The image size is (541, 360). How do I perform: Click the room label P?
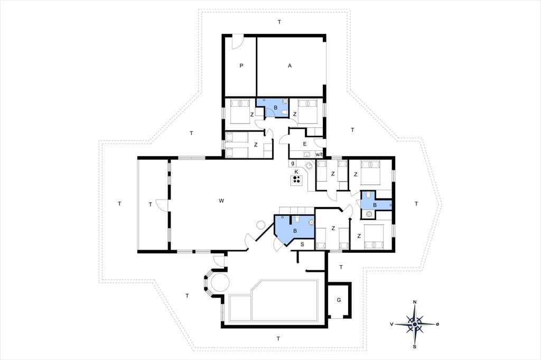pos(241,65)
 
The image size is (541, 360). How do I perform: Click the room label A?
pos(290,65)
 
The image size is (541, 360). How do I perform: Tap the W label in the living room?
pos(221,201)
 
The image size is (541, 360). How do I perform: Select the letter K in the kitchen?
pos(296,172)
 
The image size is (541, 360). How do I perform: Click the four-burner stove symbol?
pos(296,179)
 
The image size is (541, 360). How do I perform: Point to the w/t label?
pos(319,154)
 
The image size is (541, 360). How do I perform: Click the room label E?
pos(305,144)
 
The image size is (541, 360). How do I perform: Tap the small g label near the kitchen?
pos(293,163)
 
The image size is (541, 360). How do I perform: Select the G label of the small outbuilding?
pos(339,300)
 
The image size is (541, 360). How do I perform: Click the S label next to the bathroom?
pos(302,244)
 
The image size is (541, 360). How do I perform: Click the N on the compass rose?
pos(415,302)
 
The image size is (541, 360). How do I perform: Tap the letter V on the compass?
pos(391,324)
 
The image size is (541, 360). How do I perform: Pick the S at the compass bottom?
pos(415,347)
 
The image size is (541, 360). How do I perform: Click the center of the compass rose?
pos(415,324)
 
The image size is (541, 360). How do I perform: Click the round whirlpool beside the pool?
pos(220,282)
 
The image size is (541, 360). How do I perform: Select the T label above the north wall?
pos(279,22)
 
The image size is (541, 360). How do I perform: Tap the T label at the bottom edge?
pos(278,338)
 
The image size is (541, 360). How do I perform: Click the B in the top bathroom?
pos(276,108)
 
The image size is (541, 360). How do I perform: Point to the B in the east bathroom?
pos(375,205)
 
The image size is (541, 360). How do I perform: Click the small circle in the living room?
pos(260,225)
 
